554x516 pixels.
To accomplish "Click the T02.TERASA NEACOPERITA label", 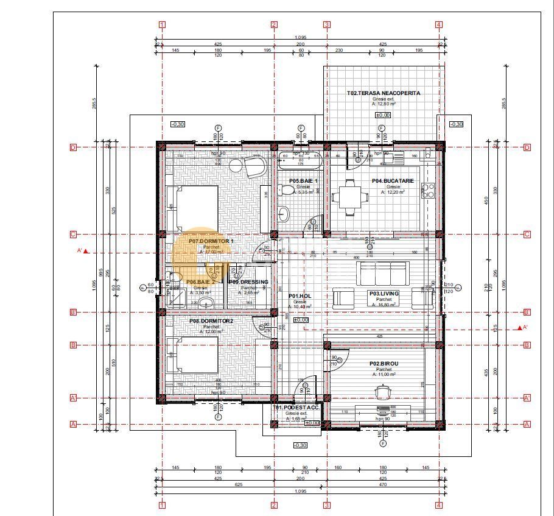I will pos(384,93).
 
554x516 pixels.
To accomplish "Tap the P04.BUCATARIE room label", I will pos(393,181).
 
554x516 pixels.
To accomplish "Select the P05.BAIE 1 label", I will pos(303,181).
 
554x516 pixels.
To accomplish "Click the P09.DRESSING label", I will pos(248,282).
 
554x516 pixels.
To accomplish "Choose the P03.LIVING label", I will pos(384,294).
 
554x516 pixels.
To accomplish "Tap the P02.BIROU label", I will pos(384,364).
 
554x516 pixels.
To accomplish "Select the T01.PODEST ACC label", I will pos(296,408).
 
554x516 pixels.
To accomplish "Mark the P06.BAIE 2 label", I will pos(200,282).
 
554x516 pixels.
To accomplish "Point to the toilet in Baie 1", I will pos(283,190).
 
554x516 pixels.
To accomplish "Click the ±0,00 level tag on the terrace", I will pos(382,115).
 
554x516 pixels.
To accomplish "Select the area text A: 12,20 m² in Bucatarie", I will pos(393,191).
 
